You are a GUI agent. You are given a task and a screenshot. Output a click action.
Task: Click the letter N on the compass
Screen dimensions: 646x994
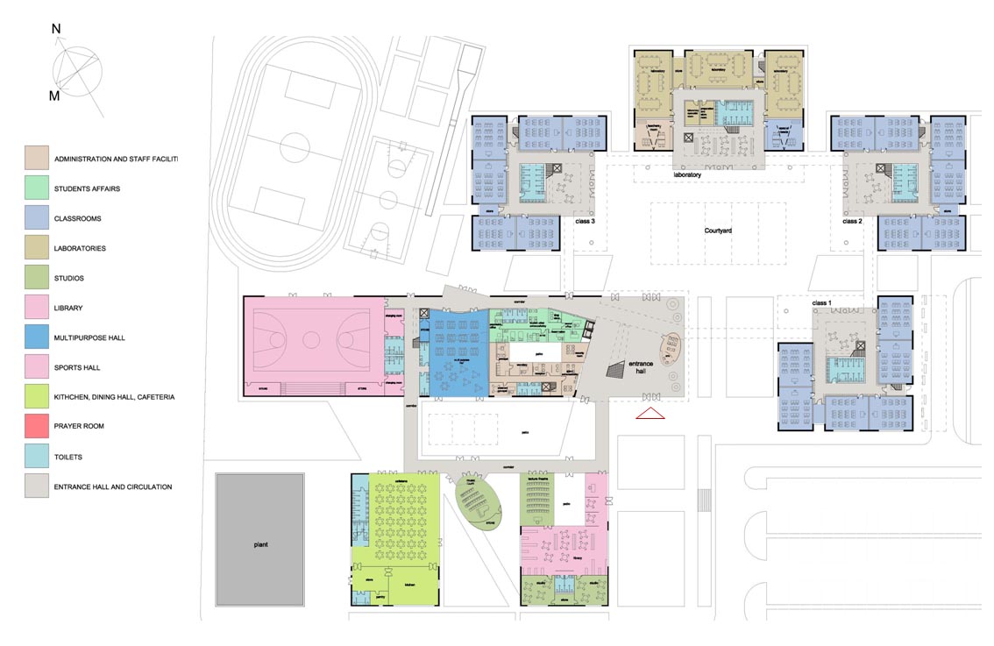pyautogui.click(x=56, y=29)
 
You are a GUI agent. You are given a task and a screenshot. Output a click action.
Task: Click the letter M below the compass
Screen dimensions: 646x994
pyautogui.click(x=54, y=96)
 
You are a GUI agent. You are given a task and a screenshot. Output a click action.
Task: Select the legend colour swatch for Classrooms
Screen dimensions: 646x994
pyautogui.click(x=36, y=218)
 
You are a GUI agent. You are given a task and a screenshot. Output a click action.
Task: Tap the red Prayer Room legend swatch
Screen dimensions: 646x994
pyautogui.click(x=36, y=427)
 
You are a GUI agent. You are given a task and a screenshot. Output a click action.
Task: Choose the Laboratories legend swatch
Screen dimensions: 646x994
pyautogui.click(x=36, y=248)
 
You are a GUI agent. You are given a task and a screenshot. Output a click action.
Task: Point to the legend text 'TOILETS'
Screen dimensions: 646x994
pyautogui.click(x=69, y=457)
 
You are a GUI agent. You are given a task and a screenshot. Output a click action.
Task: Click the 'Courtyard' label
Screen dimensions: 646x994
pyautogui.click(x=717, y=231)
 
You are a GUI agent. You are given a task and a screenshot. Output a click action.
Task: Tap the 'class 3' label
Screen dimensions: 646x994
pyautogui.click(x=584, y=223)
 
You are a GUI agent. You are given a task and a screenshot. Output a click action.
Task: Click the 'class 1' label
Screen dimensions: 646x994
pyautogui.click(x=821, y=302)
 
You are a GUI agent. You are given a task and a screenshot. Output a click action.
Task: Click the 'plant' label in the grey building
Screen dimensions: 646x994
pyautogui.click(x=260, y=544)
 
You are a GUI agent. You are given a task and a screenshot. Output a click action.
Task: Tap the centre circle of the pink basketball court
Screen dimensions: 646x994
pyautogui.click(x=313, y=337)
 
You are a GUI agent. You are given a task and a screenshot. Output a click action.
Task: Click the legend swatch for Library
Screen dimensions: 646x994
pyautogui.click(x=36, y=308)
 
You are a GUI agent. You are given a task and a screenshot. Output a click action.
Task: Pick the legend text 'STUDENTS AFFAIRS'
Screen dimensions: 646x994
pyautogui.click(x=88, y=188)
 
